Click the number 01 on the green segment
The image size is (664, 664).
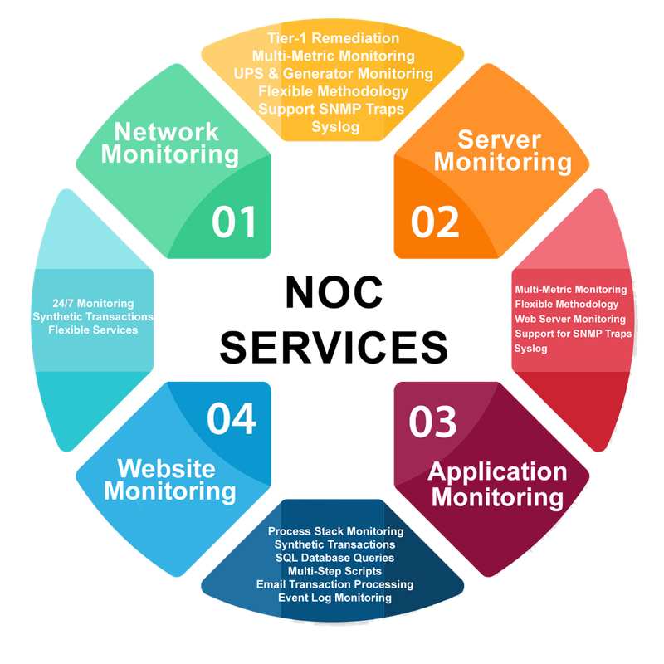tap(234, 222)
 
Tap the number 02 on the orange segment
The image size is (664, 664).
tap(435, 222)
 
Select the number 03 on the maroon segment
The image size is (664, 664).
tap(432, 422)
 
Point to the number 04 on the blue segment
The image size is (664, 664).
tap(232, 419)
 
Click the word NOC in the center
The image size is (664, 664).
tap(334, 293)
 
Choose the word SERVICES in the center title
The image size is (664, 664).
tap(334, 348)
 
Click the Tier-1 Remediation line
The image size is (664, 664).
tap(334, 38)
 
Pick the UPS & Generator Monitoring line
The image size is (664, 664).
tap(334, 74)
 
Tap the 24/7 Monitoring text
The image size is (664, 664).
tap(93, 303)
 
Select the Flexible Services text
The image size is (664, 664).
tap(93, 330)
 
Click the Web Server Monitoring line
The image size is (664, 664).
tap(570, 319)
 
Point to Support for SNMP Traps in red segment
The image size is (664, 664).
tap(573, 334)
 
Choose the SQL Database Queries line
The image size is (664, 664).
tap(334, 558)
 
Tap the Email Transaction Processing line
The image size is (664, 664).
tap(334, 584)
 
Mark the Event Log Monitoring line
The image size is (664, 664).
tap(334, 598)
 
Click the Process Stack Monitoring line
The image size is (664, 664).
tap(335, 531)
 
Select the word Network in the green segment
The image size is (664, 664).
tap(167, 132)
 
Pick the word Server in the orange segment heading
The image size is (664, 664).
tap(500, 139)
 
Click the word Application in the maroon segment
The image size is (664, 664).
tap(497, 472)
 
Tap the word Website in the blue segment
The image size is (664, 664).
tap(167, 468)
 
